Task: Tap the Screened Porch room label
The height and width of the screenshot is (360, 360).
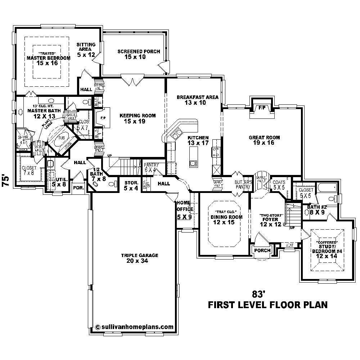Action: coord(139,54)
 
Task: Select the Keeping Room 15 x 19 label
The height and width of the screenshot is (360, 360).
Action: coord(138,118)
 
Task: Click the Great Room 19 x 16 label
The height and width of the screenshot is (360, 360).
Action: coord(264,140)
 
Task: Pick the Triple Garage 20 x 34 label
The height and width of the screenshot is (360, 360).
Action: coord(140,258)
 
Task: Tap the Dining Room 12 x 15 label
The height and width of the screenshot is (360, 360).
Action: coord(224,220)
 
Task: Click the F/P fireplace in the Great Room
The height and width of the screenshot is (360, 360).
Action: coord(262,108)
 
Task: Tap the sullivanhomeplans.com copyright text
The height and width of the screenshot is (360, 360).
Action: coord(135,327)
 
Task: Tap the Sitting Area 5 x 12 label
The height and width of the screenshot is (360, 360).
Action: coord(86,50)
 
